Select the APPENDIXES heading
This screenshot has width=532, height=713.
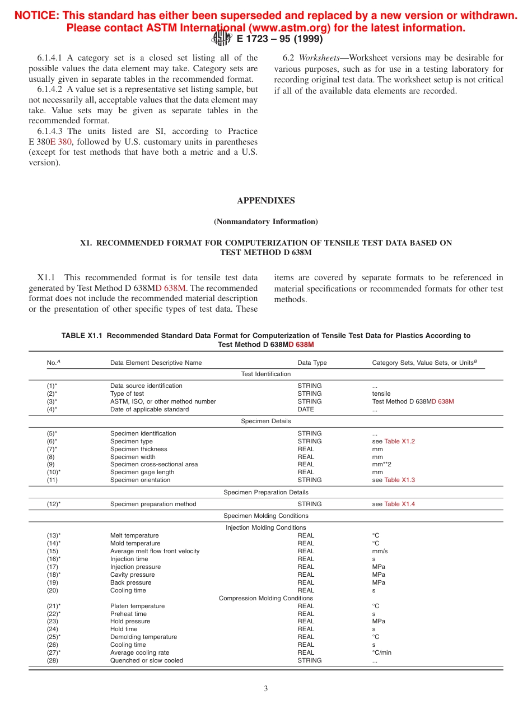pyautogui.click(x=265, y=201)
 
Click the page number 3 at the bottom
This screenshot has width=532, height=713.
pyautogui.click(x=266, y=688)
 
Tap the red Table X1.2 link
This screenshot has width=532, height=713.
pyautogui.click(x=399, y=441)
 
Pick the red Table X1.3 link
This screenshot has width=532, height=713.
pyautogui.click(x=399, y=480)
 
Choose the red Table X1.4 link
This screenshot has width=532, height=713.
pyautogui.click(x=399, y=504)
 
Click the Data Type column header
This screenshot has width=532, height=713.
pyautogui.click(x=312, y=363)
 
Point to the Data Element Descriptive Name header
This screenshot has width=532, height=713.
pyautogui.click(x=156, y=363)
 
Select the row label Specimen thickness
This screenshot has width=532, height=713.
pyautogui.click(x=138, y=449)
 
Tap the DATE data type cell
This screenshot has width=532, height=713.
pyautogui.click(x=306, y=409)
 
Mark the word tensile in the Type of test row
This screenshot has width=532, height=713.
pyautogui.click(x=381, y=393)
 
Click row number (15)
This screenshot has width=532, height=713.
pyautogui.click(x=52, y=551)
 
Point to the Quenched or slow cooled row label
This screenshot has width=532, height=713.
pyautogui.click(x=146, y=660)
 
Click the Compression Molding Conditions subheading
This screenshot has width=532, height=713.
pyautogui.click(x=265, y=598)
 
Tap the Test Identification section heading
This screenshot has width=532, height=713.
pyautogui.click(x=265, y=374)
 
